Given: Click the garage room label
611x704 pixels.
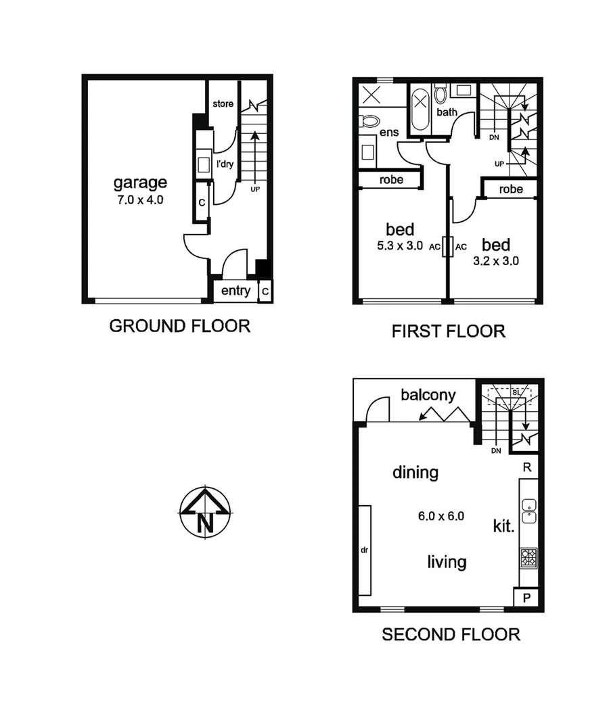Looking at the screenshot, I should (139, 182).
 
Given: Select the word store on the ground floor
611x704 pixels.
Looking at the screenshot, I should (223, 104).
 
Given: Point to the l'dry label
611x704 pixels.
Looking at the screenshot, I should (224, 164).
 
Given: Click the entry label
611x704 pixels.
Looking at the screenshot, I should (235, 291).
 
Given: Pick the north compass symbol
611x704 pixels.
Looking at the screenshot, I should (204, 512).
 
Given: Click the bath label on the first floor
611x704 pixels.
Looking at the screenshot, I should (447, 112).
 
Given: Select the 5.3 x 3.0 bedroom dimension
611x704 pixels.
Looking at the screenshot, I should (399, 247).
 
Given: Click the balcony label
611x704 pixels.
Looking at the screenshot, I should (428, 395).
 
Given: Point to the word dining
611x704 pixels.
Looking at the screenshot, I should (415, 472).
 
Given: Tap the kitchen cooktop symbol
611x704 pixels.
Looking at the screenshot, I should (528, 558).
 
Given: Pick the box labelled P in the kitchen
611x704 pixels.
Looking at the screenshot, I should (527, 599).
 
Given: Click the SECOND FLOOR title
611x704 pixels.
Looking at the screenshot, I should (451, 634).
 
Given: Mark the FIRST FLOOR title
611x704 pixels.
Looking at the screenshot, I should (448, 331).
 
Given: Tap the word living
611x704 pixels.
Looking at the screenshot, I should (447, 561).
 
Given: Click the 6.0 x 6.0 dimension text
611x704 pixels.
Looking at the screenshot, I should (441, 516).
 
